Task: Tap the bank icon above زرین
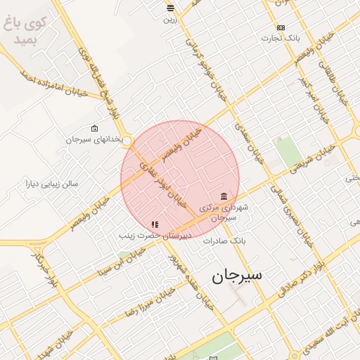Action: (170, 8)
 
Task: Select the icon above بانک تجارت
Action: (281, 27)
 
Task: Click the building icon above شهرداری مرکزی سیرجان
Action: (224, 196)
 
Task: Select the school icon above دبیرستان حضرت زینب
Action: (155, 224)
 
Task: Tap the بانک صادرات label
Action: (222, 240)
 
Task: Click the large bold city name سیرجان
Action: (236, 275)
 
